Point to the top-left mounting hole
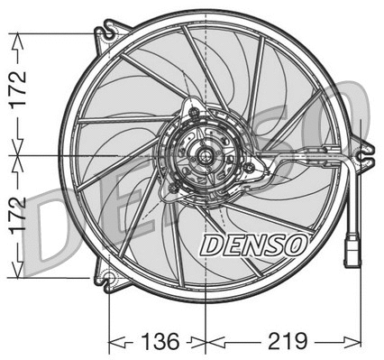(108, 34)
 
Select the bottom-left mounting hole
(108, 277)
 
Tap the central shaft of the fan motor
(206, 156)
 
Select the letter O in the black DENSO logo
(297, 244)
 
